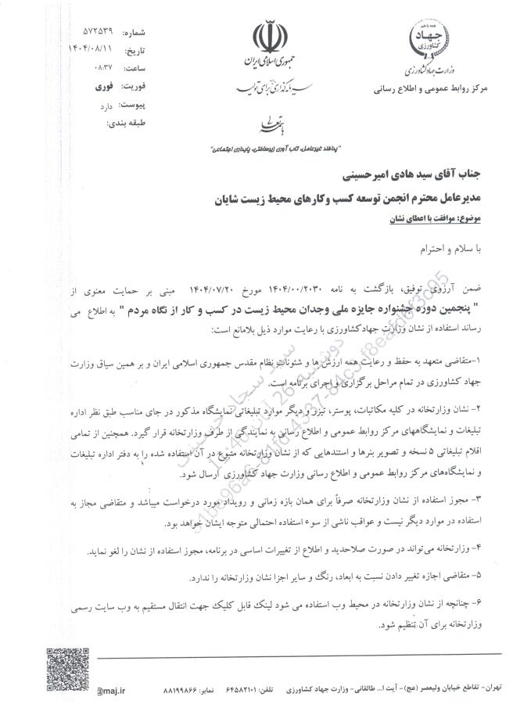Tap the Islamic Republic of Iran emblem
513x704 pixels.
tap(267, 38)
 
